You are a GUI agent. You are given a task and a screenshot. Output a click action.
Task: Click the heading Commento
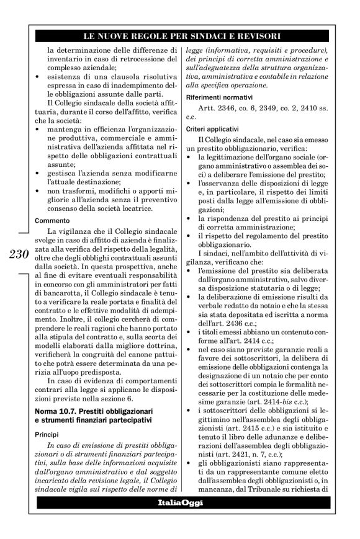coord(52,220)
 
